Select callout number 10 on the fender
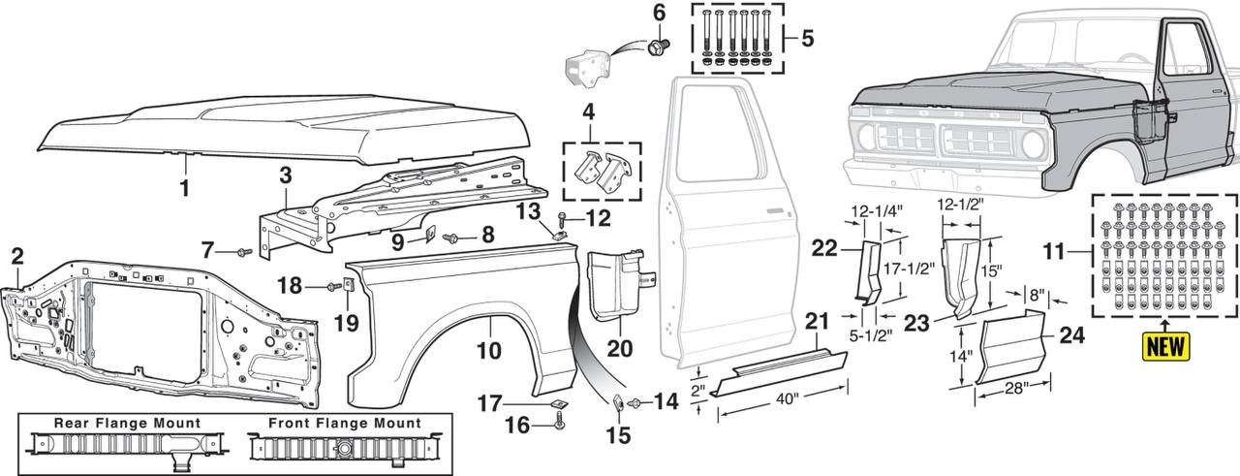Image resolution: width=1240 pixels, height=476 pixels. pyautogui.click(x=487, y=347)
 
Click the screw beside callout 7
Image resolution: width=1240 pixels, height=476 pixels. pyautogui.click(x=243, y=252)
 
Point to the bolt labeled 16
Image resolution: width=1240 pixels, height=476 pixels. pyautogui.click(x=559, y=422)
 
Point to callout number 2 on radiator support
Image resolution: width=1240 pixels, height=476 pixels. pyautogui.click(x=16, y=258)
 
